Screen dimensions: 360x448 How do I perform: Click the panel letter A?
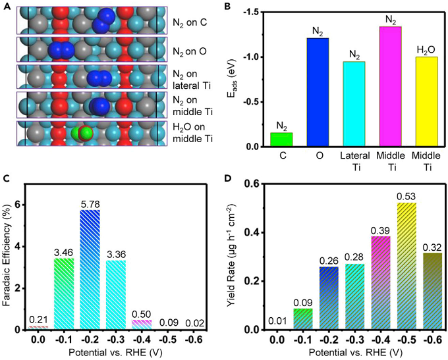[6, 7]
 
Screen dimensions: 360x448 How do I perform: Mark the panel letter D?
[229, 178]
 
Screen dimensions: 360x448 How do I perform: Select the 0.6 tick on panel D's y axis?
[252, 184]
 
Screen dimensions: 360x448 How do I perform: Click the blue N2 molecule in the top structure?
[102, 20]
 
